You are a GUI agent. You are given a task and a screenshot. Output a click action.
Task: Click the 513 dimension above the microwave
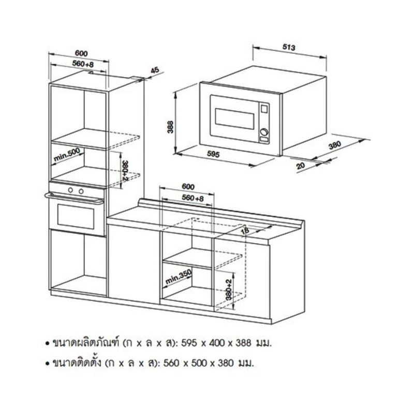[289, 48]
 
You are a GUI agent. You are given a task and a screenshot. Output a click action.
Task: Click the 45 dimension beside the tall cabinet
[154, 70]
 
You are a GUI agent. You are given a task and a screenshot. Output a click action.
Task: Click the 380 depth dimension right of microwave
[335, 146]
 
